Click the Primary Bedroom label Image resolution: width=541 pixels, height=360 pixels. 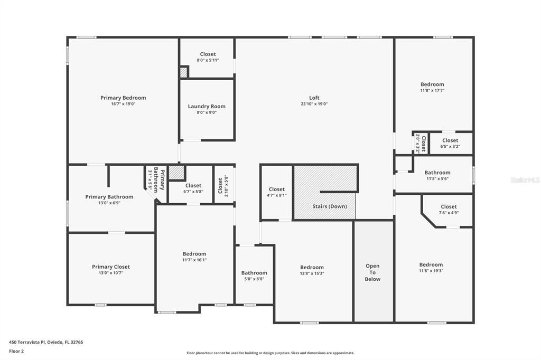coord(123,98)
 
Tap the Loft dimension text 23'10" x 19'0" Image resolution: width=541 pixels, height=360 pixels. coord(314,104)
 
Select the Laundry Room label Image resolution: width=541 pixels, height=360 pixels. coord(207,106)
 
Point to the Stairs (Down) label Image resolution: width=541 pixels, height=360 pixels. coord(330,206)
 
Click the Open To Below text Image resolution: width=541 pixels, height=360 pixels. coord(372,272)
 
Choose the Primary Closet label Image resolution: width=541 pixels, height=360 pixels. coord(110,267)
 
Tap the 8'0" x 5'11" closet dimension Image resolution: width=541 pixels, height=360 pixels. coord(208,60)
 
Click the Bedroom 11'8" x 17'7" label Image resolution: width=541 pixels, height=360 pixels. coord(432,84)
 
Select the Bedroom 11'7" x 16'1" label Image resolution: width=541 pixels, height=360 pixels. coord(194,254)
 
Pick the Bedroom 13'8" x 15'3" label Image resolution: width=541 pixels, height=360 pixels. coord(312,267)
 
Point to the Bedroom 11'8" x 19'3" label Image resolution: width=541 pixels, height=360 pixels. coord(431,264)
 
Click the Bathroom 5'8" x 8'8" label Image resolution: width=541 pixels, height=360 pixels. coord(254,273)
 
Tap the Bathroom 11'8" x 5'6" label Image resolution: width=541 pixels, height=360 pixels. coord(437,172)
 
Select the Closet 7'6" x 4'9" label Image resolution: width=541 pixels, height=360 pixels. coord(449,206)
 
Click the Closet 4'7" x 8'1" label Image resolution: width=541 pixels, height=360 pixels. coord(276,189)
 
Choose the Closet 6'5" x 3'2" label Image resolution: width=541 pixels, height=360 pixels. coord(450,140)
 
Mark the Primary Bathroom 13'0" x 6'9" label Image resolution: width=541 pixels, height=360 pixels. coord(109,196)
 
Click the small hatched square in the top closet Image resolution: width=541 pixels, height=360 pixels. coord(184,72)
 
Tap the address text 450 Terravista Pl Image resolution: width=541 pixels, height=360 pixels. coord(46,342)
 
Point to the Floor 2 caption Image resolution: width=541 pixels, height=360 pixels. coord(16,350)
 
